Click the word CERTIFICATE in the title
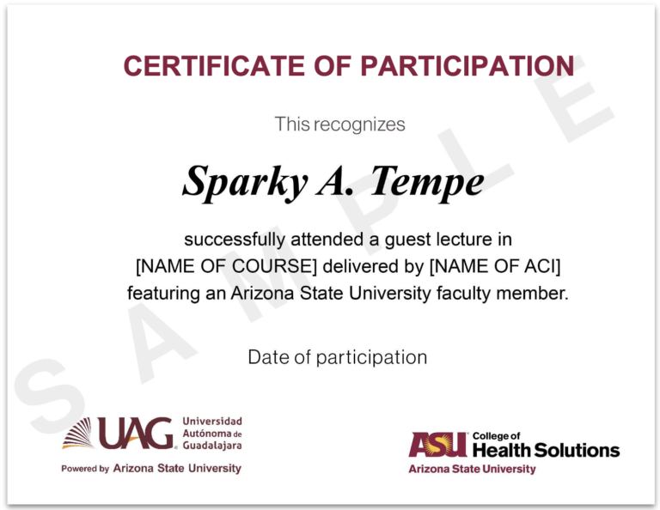click(x=214, y=66)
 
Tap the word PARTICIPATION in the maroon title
click(x=467, y=66)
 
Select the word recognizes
click(x=359, y=124)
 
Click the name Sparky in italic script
click(x=246, y=182)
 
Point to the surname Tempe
click(x=427, y=182)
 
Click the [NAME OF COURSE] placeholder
click(x=226, y=266)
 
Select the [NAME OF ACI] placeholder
click(x=495, y=266)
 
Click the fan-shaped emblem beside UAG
click(x=77, y=433)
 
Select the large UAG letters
click(x=136, y=433)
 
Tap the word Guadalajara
click(x=212, y=446)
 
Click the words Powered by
click(x=85, y=469)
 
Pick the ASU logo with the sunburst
click(x=437, y=445)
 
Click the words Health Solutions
click(x=546, y=450)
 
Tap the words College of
click(x=496, y=436)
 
